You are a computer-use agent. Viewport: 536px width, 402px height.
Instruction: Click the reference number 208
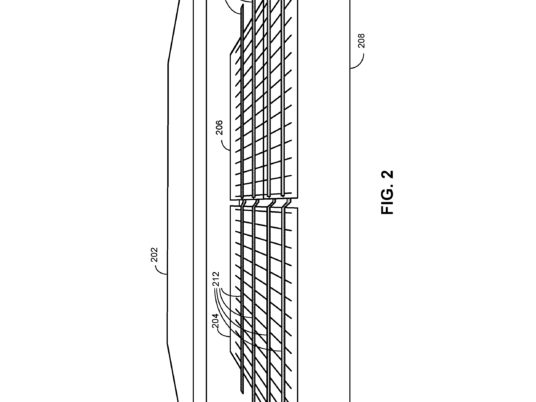point(362,40)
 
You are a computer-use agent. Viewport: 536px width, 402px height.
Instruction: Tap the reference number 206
point(219,127)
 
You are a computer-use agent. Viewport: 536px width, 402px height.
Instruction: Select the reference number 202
point(155,255)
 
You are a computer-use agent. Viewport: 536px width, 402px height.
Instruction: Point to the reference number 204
point(215,321)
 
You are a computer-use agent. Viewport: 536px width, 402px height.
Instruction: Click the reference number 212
point(216,279)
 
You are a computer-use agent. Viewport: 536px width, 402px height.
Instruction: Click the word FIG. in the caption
point(387,202)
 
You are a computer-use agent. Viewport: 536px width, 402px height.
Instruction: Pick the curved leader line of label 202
point(160,270)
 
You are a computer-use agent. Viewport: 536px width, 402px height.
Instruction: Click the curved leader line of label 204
point(222,333)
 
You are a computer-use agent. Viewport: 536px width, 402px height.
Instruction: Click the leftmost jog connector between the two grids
point(243,203)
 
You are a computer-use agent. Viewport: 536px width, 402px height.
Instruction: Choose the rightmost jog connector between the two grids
point(286,203)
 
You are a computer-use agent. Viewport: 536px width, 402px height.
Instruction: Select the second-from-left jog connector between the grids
point(256,203)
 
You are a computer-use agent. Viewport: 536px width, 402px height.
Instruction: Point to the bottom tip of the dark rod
point(242,392)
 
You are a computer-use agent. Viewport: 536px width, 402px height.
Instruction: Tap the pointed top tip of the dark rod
point(242,8)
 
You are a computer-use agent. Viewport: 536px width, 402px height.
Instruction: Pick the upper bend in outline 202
point(168,64)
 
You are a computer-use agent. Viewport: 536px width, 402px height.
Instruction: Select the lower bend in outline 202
point(168,344)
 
